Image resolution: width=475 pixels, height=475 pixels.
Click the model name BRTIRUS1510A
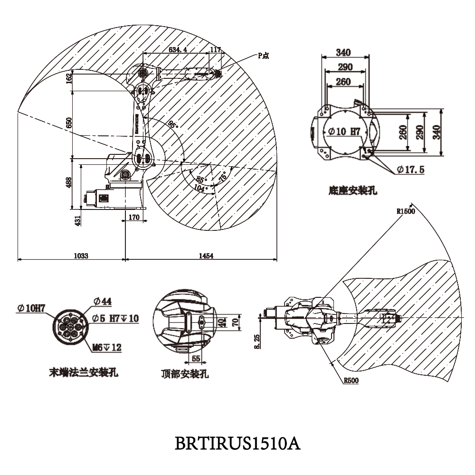237,444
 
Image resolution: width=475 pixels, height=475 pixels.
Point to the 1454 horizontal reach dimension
206,256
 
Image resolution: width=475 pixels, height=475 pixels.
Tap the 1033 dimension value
81,256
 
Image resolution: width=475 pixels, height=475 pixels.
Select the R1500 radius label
406,211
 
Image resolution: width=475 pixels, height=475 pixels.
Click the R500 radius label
351,380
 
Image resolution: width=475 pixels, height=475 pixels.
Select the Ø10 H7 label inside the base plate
342,132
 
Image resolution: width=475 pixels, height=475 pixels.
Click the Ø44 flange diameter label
103,301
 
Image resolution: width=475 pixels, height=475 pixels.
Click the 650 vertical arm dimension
69,123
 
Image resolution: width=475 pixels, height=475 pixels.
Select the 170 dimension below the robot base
134,218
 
